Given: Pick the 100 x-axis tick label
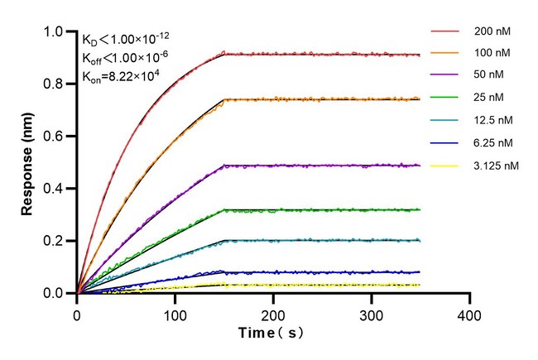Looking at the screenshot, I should point(175,316).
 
